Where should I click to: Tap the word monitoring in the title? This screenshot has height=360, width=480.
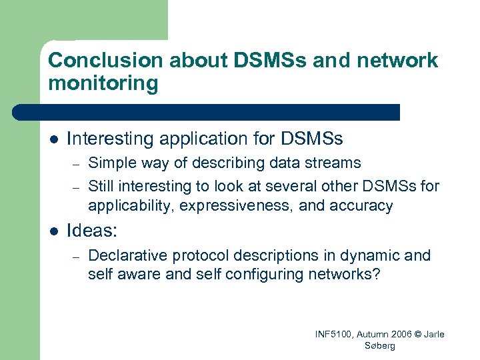pyautogui.click(x=103, y=84)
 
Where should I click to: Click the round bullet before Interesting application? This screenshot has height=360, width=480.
pyautogui.click(x=54, y=139)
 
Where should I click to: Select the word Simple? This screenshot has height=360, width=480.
pyautogui.click(x=109, y=163)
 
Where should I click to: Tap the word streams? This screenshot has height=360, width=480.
pyautogui.click(x=336, y=163)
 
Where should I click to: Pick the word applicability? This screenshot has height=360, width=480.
pyautogui.click(x=127, y=206)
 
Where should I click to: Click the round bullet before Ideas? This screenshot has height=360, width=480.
pyautogui.click(x=54, y=231)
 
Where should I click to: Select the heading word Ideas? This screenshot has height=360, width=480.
pyautogui.click(x=92, y=231)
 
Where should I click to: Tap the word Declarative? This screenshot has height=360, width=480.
pyautogui.click(x=125, y=255)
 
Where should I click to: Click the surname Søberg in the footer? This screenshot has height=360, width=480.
pyautogui.click(x=379, y=346)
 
